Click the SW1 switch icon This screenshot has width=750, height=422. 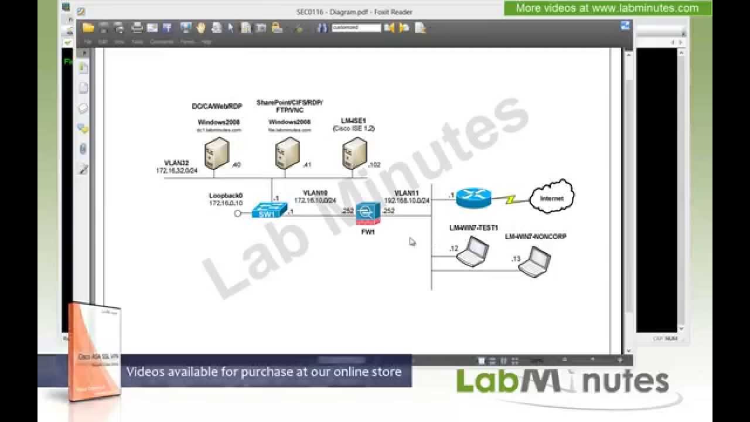[270, 211]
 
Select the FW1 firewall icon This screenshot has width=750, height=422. [367, 213]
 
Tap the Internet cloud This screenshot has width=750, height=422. [551, 197]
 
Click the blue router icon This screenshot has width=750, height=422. [474, 198]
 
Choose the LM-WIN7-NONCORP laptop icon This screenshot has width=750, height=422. [534, 261]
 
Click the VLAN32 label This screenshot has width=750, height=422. [176, 163]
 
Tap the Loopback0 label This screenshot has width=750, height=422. [226, 196]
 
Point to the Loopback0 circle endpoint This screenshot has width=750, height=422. [238, 213]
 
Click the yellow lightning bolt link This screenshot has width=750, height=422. [510, 200]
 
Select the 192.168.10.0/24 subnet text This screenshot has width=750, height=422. [407, 200]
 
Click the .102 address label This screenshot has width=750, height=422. [374, 165]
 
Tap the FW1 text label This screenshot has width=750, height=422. [368, 232]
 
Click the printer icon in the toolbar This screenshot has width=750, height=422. [137, 28]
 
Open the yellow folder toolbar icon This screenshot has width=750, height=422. [88, 28]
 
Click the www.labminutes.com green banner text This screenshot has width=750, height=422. [607, 8]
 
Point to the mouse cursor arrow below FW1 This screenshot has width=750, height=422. [412, 241]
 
